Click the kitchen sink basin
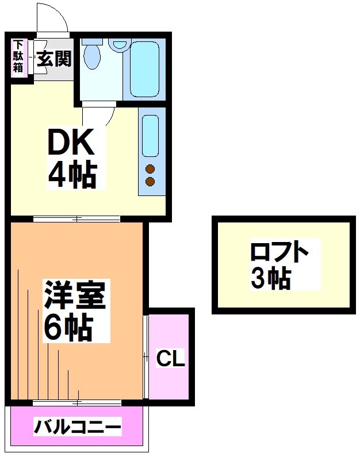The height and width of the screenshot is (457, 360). click(150, 135)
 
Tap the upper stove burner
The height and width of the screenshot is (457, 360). click(150, 169)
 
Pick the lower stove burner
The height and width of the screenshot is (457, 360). click(150, 182)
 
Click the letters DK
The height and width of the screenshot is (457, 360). click(70, 144)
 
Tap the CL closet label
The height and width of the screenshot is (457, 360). click(171, 359)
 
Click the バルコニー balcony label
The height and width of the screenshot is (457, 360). click(77, 428)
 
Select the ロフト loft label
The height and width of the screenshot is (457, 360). click(279, 252)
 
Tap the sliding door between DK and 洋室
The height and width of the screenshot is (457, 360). click(76, 218)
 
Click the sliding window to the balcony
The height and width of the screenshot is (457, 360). click(76, 402)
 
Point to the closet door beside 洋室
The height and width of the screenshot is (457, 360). click(147, 356)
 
